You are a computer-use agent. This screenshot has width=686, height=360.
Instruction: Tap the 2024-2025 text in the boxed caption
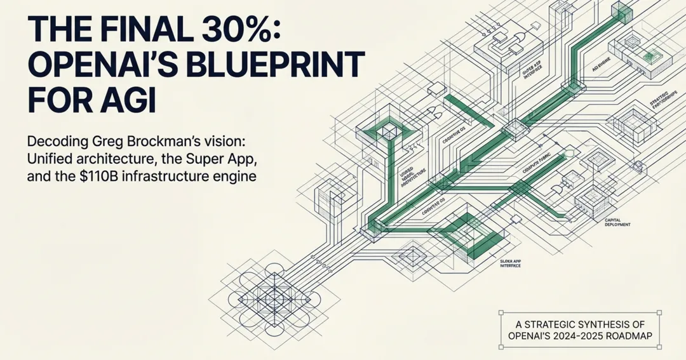(588, 335)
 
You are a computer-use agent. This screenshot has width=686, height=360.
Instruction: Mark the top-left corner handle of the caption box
(501, 312)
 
